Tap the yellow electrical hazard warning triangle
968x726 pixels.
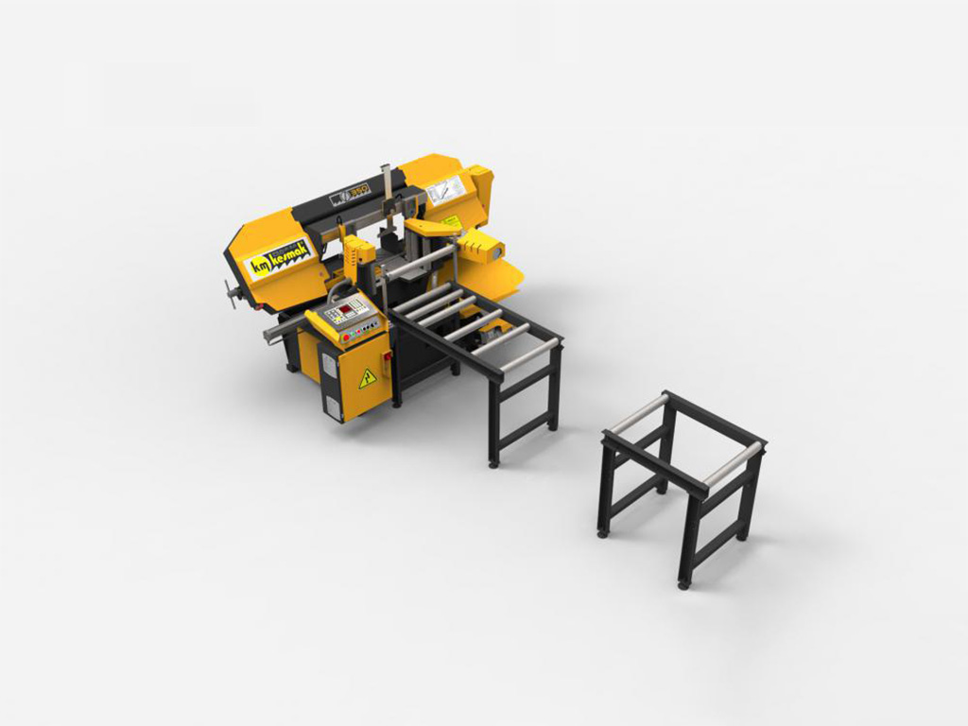click(367, 378)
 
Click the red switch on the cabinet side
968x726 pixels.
click(387, 356)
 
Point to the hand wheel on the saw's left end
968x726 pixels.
click(231, 293)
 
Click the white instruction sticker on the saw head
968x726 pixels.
click(445, 190)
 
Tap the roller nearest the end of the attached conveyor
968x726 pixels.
click(529, 354)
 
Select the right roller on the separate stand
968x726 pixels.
click(734, 464)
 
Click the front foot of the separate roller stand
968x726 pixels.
click(683, 584)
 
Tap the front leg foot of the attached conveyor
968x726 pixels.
click(493, 462)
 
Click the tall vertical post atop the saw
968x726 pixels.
click(386, 194)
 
